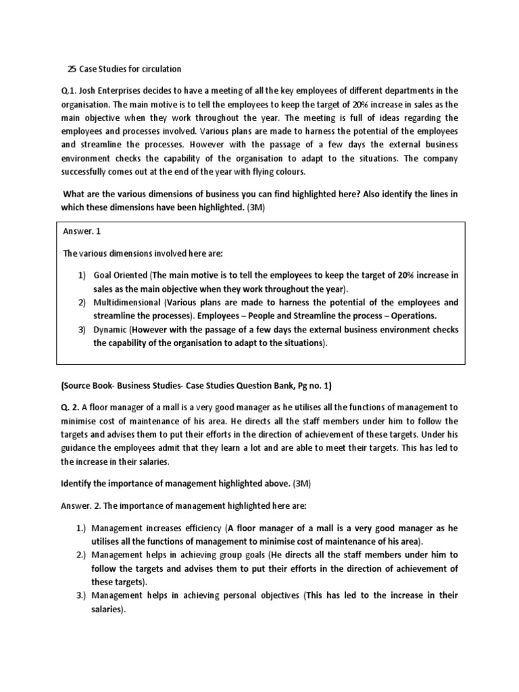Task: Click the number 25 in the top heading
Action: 72,68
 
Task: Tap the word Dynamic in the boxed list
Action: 109,330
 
